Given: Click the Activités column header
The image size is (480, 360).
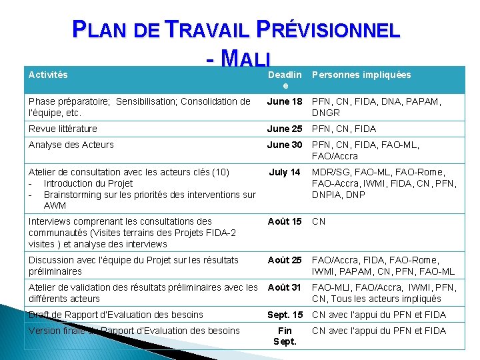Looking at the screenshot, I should [48, 75].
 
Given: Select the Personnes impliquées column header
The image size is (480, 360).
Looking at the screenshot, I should [361, 75].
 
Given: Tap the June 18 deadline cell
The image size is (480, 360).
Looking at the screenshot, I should [285, 101].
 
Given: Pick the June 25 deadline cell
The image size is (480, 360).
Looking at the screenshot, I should [285, 129].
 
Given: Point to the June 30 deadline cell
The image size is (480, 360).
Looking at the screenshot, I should [285, 145].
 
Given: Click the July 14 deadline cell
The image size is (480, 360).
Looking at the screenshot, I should [285, 172].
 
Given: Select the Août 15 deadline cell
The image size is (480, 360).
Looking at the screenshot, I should [285, 221].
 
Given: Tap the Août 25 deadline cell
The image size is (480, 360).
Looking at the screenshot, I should [285, 260].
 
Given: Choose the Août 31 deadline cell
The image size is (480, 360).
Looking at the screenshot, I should [285, 287].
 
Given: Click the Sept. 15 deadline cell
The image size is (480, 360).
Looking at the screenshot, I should [285, 315].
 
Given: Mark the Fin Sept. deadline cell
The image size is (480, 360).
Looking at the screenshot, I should [285, 336].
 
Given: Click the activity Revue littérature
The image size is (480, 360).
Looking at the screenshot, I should [63, 129].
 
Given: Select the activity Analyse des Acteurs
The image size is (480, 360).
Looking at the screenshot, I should [71, 145].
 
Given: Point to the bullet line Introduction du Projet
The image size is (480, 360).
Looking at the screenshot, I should [88, 183].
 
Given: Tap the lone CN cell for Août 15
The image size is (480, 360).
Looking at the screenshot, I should [319, 221].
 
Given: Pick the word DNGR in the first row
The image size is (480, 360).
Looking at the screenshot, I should [325, 113].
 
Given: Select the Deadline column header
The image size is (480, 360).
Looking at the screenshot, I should [285, 80].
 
